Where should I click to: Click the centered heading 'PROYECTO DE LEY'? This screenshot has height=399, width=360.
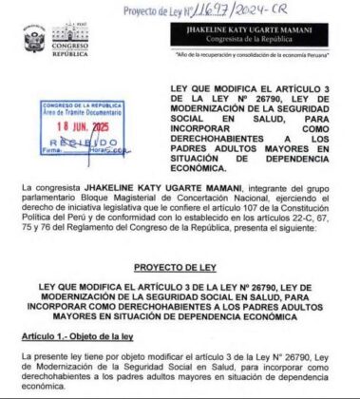(180, 268)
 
